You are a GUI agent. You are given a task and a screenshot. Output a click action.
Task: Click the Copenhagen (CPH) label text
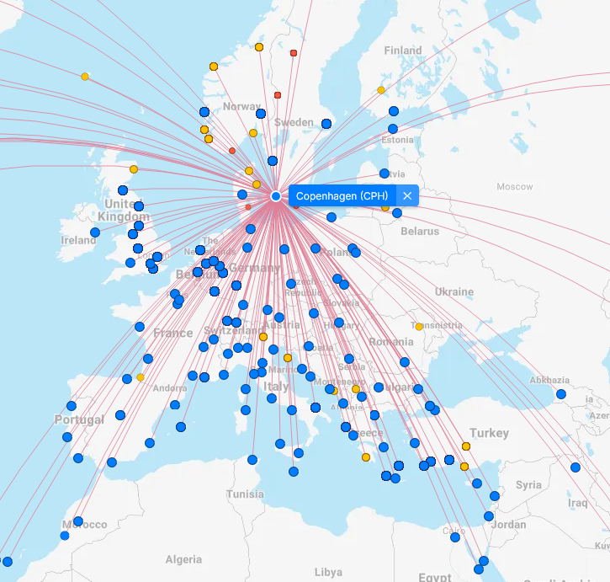coord(341,196)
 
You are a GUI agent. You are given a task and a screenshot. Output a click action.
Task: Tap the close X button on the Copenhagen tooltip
coord(407,196)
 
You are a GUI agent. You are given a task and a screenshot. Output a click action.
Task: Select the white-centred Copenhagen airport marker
coord(276,196)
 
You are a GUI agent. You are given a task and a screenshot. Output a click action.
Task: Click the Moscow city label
coord(514,186)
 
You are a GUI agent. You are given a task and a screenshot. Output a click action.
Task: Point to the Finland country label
coord(402,51)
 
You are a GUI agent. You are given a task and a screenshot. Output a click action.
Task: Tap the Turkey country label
coord(489,433)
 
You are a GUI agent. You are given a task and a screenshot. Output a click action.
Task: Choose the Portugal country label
coord(79,419)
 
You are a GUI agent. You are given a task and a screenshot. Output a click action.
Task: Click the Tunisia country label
coord(245,494)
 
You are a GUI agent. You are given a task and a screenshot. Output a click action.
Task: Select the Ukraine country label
coord(454,292)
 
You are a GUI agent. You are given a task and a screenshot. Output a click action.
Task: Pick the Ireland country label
coord(78,240)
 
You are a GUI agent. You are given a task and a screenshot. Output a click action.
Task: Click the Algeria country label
coord(183,559)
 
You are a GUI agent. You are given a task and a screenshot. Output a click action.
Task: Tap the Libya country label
coord(328,572)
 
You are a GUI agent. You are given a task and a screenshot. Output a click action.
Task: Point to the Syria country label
coord(528,485)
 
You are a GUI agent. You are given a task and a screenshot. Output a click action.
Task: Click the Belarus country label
coord(419,231)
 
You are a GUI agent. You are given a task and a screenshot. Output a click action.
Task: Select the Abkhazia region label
coord(550,381)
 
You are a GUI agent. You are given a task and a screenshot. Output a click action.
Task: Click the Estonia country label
coord(398,140)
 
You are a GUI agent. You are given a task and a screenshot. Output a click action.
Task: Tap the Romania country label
coord(391,342)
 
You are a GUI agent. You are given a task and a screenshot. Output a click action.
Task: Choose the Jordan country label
coord(508,525)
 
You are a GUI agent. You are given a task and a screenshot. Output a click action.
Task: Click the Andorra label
coord(169,388)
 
